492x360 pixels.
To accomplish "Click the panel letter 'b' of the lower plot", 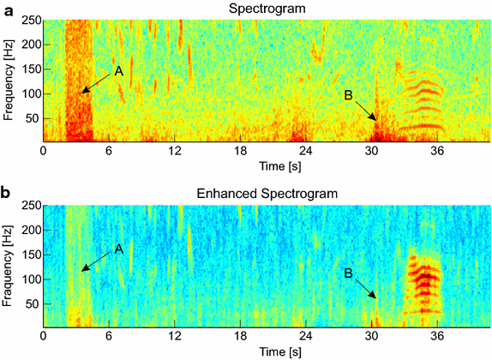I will coord(6,193).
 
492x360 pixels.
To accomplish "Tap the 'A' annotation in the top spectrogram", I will coord(119,71).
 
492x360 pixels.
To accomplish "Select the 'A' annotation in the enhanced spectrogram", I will coord(119,249).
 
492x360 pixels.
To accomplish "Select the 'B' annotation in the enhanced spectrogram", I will coord(347,274).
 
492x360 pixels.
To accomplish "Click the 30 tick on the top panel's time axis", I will coord(371,151).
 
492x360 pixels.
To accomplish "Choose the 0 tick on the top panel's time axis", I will coord(44,151).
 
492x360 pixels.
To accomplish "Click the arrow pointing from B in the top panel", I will coord(365,111).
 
